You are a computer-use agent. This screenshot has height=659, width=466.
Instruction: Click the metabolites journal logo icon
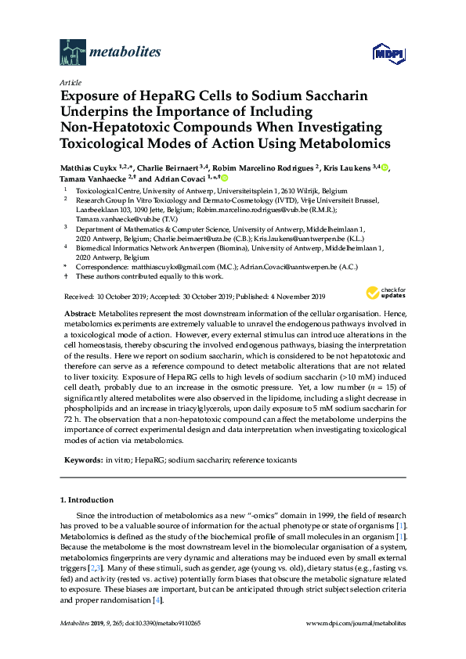click(72, 52)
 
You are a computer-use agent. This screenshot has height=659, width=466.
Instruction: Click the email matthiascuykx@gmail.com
click(162, 267)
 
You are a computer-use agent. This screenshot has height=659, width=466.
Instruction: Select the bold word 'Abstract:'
click(79, 312)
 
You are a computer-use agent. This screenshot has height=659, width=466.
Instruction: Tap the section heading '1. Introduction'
click(86, 499)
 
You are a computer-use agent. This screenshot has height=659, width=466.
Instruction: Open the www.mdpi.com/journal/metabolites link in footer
click(357, 623)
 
